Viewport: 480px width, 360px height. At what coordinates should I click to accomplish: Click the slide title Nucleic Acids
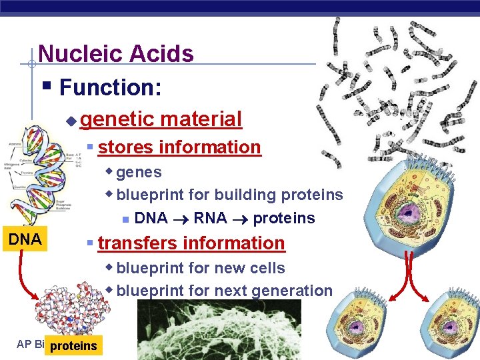[116, 53]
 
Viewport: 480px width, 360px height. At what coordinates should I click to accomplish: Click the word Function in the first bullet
[107, 87]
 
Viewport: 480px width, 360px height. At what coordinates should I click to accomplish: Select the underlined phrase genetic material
[160, 119]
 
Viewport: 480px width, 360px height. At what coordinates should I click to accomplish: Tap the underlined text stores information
[179, 147]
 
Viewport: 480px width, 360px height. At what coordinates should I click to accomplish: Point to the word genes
[139, 172]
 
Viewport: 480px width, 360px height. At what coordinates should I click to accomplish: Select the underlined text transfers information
[191, 243]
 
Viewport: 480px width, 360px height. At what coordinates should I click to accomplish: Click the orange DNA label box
[24, 239]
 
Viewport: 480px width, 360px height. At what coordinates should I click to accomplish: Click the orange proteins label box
[73, 345]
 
